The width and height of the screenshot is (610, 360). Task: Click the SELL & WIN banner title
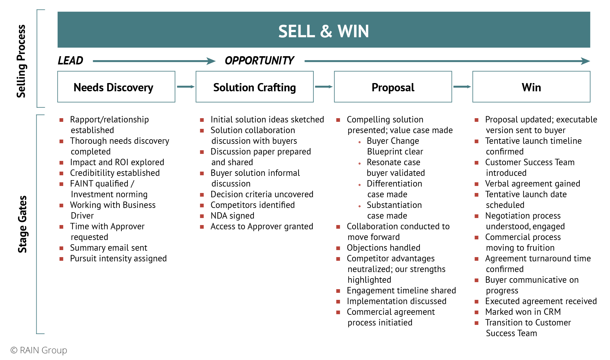pos(323,31)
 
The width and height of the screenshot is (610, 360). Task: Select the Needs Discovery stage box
pos(116,87)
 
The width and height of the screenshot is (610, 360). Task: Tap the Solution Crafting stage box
pos(254,87)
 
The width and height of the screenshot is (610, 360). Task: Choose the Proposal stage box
pos(393,87)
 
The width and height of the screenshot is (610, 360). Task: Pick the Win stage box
pos(531,87)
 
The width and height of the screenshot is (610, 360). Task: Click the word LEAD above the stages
pos(70,61)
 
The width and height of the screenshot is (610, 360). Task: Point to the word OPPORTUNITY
pos(259,61)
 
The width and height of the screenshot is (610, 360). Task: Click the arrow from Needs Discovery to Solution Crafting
pos(185,87)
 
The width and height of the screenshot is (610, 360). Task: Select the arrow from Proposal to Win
pos(462,87)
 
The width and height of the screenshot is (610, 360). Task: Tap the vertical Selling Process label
pos(21,61)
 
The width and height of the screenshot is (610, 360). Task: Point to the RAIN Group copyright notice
pos(39,350)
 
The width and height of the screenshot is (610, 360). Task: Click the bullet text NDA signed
pos(232,216)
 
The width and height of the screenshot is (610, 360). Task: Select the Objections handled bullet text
pos(383,248)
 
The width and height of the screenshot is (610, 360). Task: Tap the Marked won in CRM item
pos(523,312)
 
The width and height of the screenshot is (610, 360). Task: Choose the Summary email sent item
pos(108,248)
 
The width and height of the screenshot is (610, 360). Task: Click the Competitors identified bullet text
pos(252,205)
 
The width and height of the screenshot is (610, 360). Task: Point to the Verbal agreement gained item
pos(532,184)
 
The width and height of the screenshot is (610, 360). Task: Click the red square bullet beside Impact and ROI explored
pos(61,163)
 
